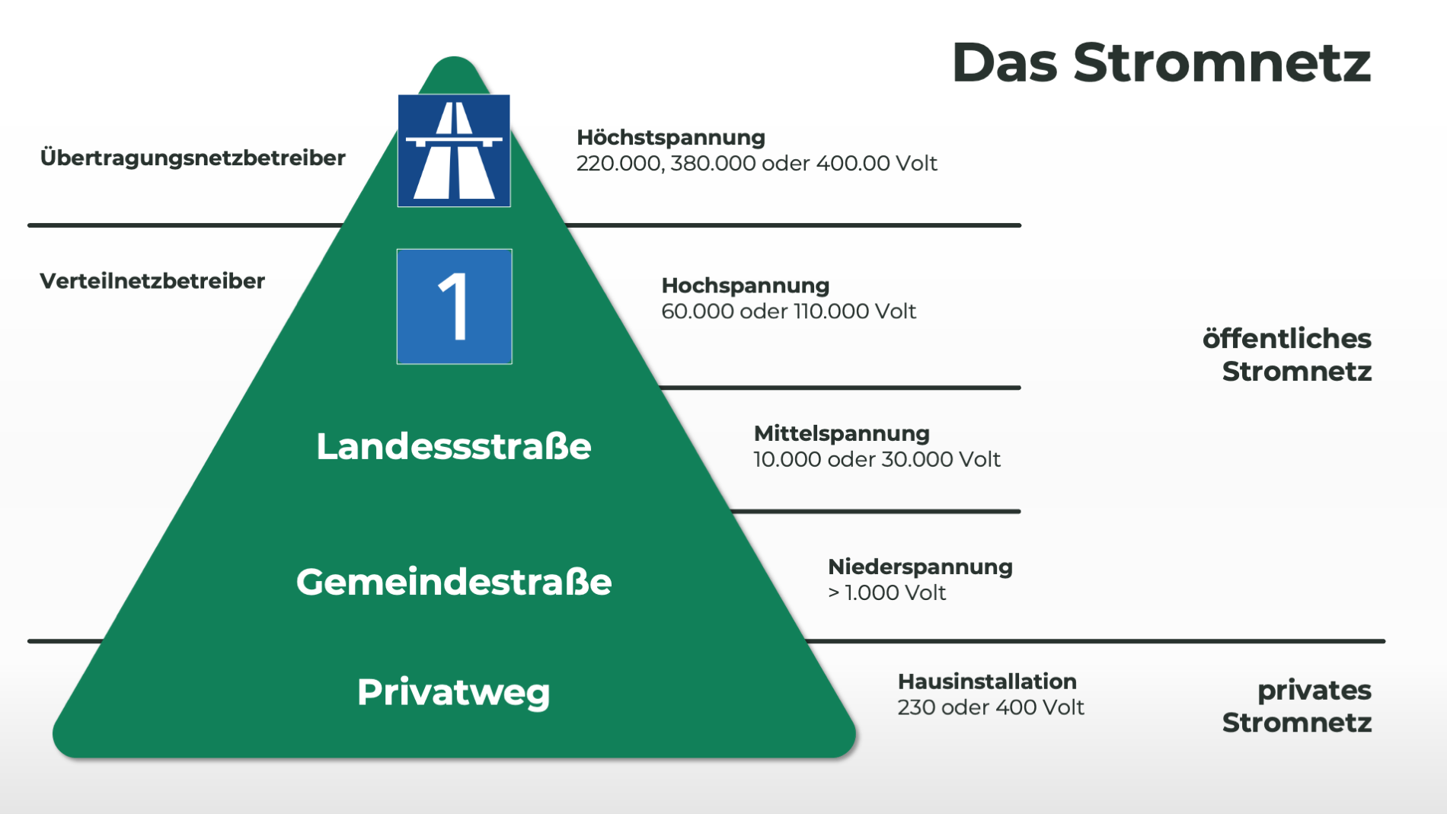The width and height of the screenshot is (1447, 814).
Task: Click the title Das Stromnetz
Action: tap(1161, 62)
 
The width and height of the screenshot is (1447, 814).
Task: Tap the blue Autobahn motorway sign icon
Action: tap(454, 151)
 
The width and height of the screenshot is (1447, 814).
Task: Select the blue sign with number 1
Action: tap(454, 306)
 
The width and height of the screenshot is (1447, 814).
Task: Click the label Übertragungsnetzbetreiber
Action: tap(193, 158)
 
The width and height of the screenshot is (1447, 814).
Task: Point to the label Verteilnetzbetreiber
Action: tap(152, 281)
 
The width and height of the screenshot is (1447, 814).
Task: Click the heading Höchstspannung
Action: tap(670, 137)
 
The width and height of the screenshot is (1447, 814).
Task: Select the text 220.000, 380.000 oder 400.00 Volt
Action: tap(756, 164)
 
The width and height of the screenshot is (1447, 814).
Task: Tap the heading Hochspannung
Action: tap(745, 286)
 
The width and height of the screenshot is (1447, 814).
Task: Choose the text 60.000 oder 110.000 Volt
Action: tap(788, 311)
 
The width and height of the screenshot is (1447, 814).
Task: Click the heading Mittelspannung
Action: tap(842, 433)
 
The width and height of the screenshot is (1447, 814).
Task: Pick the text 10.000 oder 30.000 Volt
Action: tap(877, 459)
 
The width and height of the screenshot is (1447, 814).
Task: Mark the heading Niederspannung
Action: tap(920, 567)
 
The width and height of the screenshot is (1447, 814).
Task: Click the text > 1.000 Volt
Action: tap(886, 592)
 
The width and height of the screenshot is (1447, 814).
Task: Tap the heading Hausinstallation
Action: tap(987, 681)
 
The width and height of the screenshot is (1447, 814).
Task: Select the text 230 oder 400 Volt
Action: tap(990, 707)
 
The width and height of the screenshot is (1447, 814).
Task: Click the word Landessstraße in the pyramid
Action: tap(454, 446)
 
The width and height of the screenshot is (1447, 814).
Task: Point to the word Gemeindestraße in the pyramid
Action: tap(454, 582)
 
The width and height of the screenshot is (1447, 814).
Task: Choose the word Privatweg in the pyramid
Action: tap(454, 692)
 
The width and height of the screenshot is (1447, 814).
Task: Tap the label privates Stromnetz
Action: tap(1298, 706)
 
